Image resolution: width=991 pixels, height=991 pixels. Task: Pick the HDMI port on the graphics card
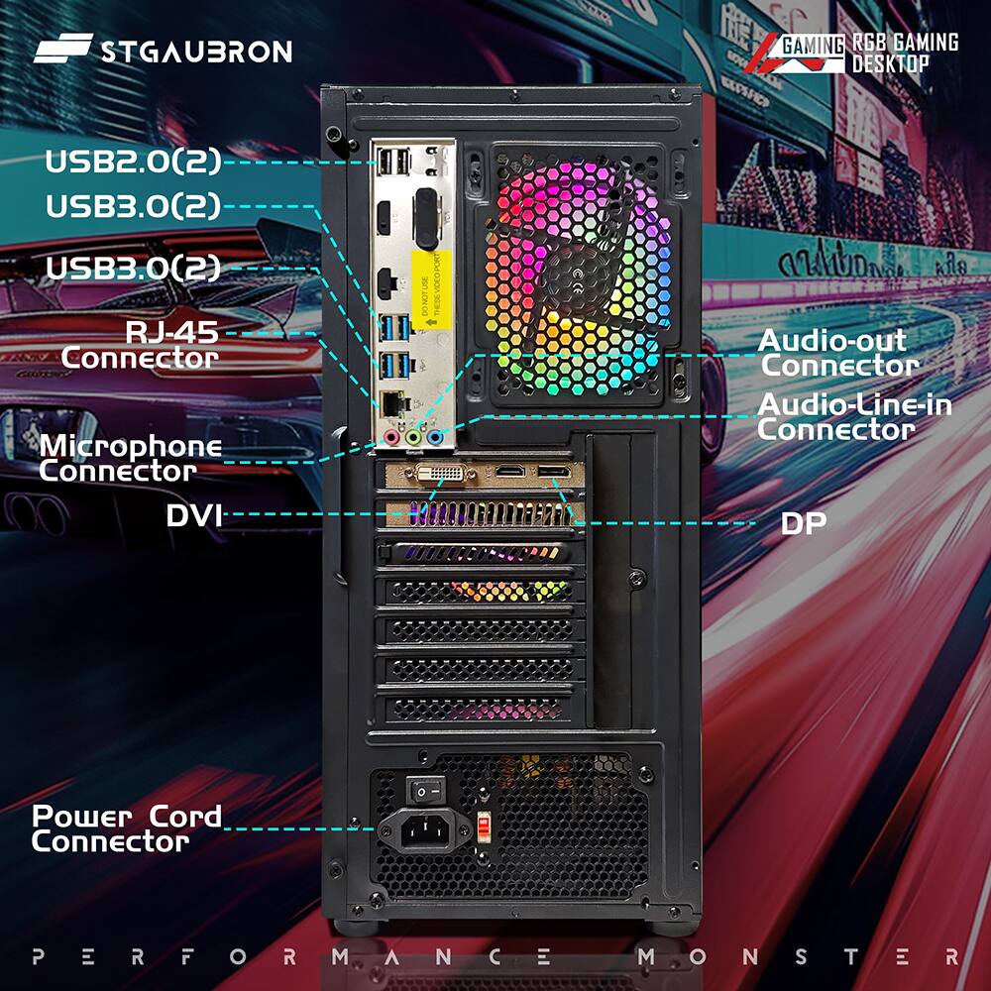click(x=509, y=471)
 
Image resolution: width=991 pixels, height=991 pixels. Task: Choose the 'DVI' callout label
click(x=194, y=515)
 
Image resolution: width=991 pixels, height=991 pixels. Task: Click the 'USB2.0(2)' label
click(x=133, y=162)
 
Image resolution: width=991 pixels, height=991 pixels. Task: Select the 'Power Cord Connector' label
click(x=126, y=829)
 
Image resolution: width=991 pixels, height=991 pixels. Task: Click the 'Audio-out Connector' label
click(x=837, y=353)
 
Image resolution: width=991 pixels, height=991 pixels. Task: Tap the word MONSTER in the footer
click(x=799, y=957)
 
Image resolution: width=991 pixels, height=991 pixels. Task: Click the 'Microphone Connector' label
click(x=131, y=459)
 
